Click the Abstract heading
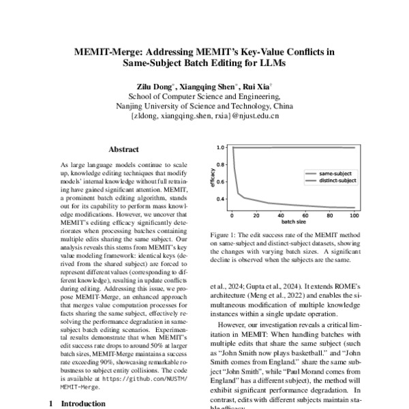[x=123, y=149]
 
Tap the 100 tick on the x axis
[x=353, y=217]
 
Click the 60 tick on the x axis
[x=305, y=217]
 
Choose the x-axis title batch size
[x=292, y=224]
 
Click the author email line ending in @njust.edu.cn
[x=204, y=117]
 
